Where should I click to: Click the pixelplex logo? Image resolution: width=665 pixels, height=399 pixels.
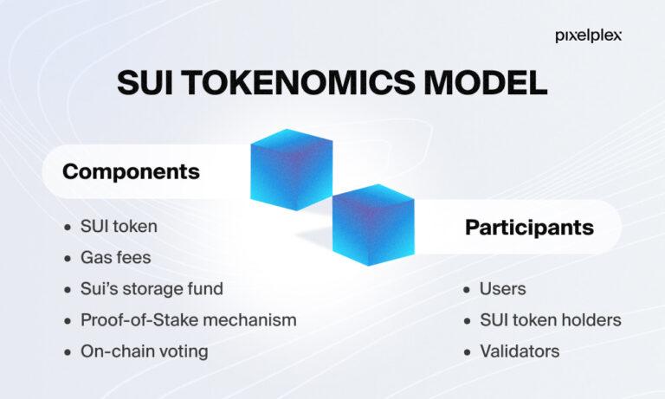(587, 36)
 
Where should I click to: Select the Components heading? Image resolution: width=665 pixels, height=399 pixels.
(131, 171)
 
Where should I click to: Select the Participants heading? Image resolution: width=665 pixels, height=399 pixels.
(529, 228)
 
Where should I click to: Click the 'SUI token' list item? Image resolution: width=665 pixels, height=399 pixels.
(119, 228)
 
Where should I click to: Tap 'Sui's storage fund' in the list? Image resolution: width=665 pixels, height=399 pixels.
(152, 289)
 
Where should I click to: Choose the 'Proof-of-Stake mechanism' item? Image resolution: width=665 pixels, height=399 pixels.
(189, 319)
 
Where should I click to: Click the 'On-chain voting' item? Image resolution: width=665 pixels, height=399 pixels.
(145, 351)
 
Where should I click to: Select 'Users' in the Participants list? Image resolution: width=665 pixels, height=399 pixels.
(502, 289)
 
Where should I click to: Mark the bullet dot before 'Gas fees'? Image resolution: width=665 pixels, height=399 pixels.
(68, 259)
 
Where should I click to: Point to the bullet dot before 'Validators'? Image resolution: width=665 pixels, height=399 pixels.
(468, 351)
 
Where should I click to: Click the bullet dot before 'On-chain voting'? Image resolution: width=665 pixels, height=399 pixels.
(68, 351)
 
